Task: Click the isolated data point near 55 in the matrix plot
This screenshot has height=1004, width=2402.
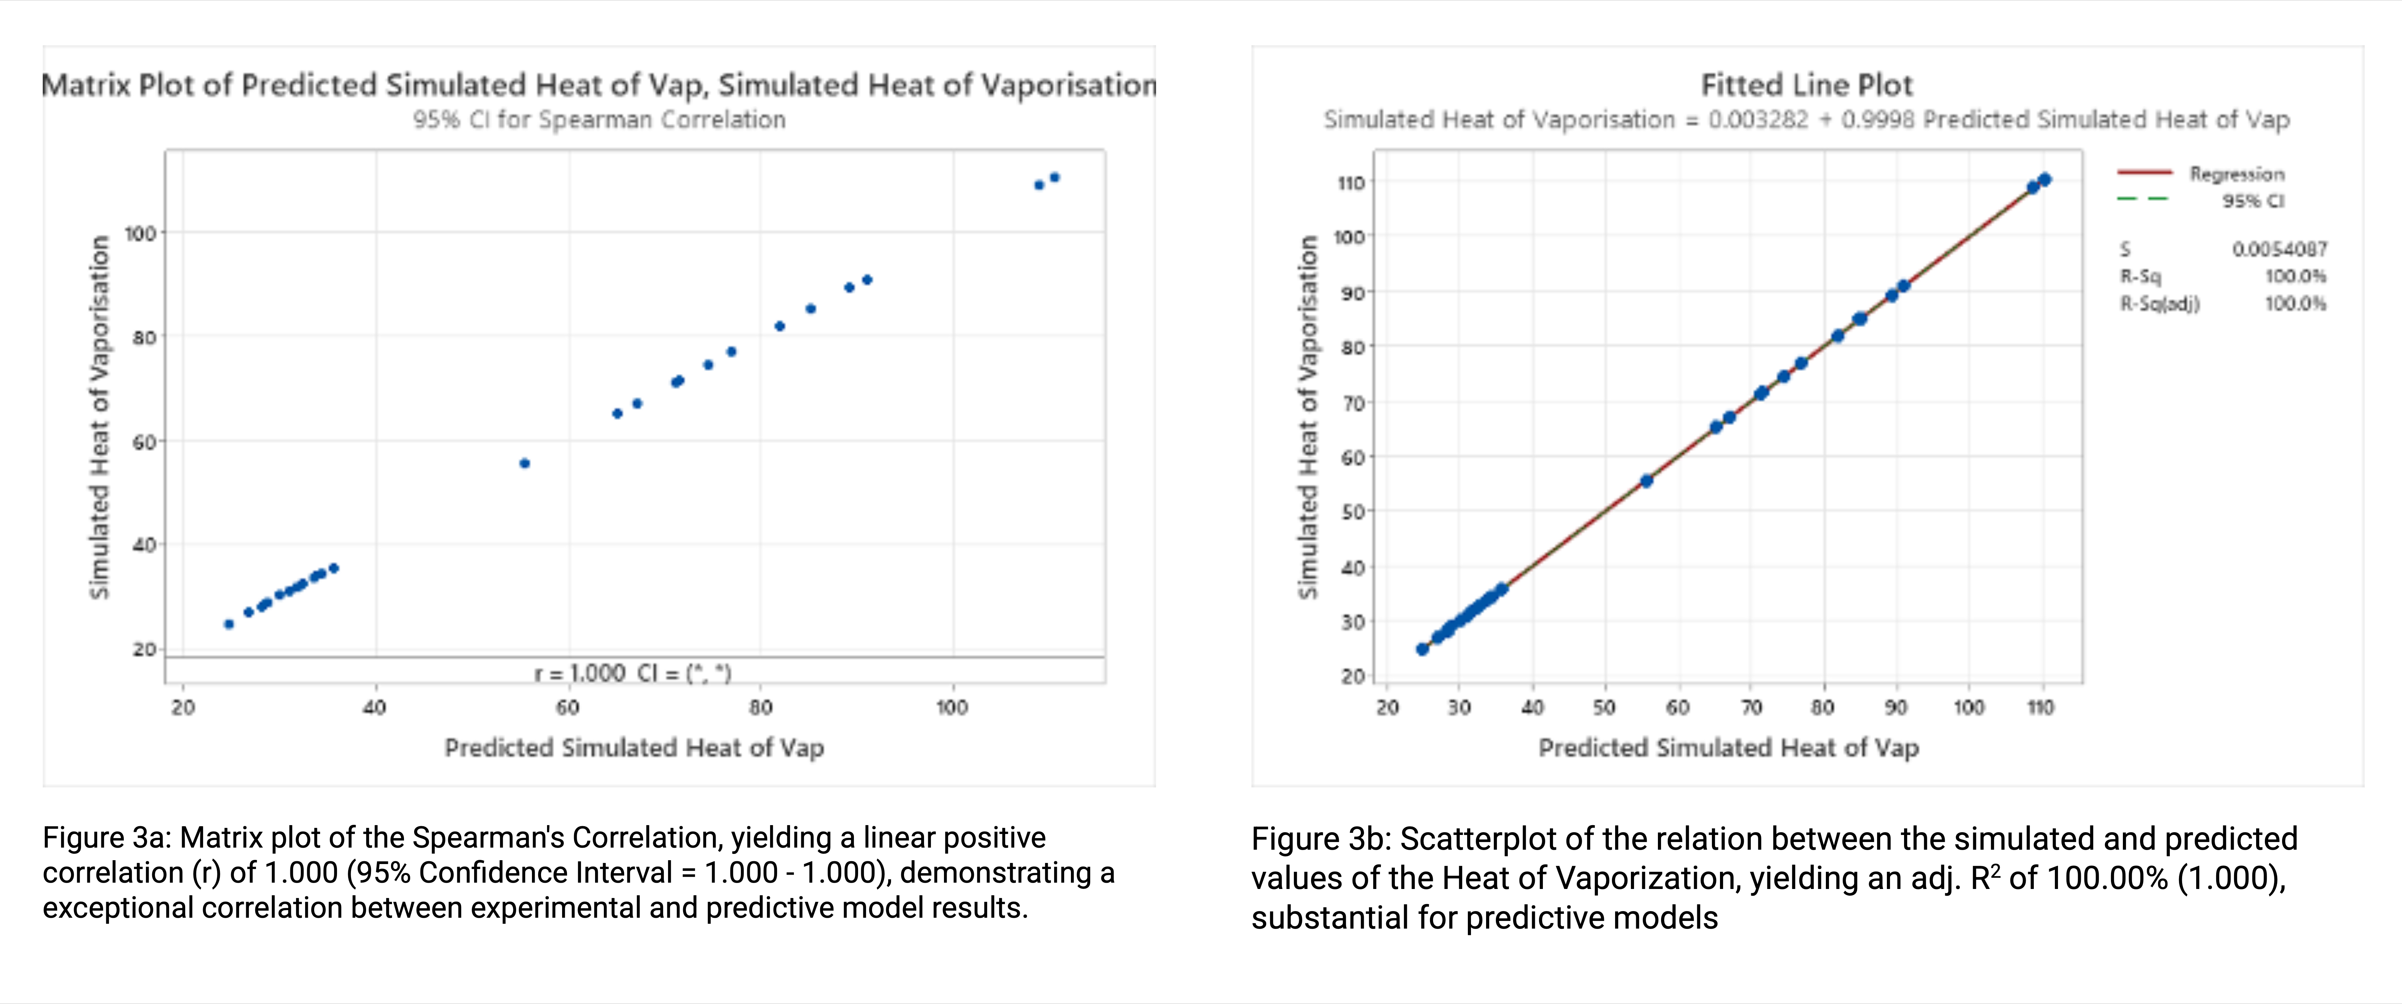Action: click(524, 463)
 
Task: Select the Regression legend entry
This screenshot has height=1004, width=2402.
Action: click(2236, 173)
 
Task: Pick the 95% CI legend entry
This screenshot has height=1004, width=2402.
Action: click(2252, 201)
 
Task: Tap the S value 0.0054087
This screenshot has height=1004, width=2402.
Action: click(2279, 249)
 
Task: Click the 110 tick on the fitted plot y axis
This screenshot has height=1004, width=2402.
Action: click(1351, 183)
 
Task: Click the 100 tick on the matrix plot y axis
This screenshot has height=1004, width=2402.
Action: click(140, 233)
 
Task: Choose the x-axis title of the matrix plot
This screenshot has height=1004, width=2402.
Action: click(634, 748)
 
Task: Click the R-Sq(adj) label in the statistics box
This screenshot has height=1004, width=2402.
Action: click(2160, 304)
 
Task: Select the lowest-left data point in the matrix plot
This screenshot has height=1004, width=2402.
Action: click(228, 624)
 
